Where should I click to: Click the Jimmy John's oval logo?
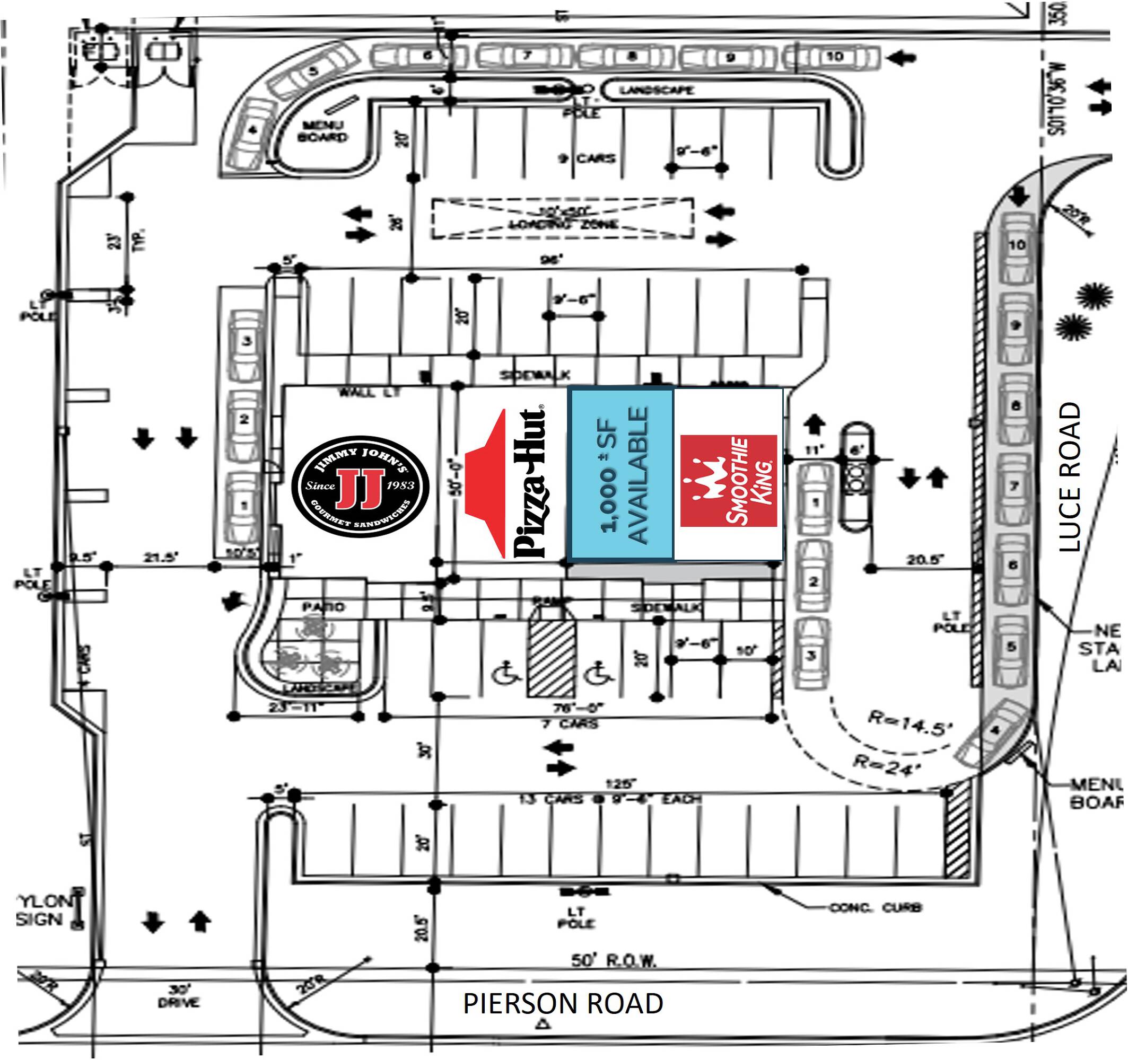(360, 485)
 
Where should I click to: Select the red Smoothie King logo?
(728, 480)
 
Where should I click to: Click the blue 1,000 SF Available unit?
(622, 475)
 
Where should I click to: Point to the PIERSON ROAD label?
(563, 1003)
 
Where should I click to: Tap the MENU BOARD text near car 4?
(322, 131)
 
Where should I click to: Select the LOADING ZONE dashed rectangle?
(562, 218)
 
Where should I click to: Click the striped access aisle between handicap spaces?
(551, 658)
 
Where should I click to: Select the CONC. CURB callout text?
(876, 908)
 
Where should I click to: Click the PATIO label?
(323, 607)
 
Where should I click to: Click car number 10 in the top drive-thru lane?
(834, 57)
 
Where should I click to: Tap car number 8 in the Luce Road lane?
(1016, 405)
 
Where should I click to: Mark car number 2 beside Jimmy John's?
(244, 420)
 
